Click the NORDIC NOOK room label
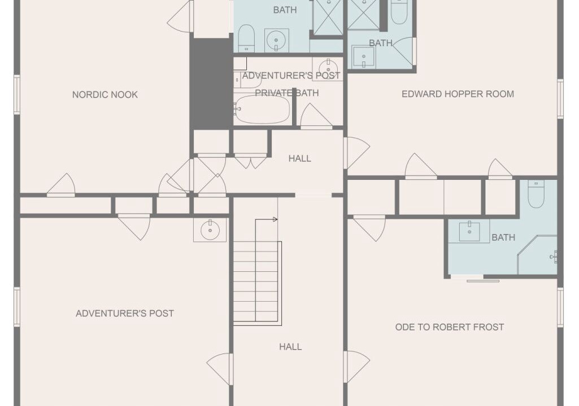point(105,95)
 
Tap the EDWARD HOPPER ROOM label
point(458,94)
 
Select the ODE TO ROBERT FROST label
point(450,327)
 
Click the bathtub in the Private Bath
point(262,109)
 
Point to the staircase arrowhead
point(275,220)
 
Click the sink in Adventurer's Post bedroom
point(210,230)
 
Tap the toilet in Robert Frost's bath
point(536,194)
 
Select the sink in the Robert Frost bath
point(469,231)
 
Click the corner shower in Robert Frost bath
point(537,255)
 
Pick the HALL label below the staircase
point(290,347)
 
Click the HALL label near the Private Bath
point(299,158)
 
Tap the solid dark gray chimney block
point(211,83)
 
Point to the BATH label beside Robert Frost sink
point(503,237)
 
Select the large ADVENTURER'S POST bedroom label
point(125,314)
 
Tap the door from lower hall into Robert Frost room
point(356,367)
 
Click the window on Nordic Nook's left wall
point(17,94)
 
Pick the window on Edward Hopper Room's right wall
point(560,99)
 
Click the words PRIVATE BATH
point(287,93)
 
